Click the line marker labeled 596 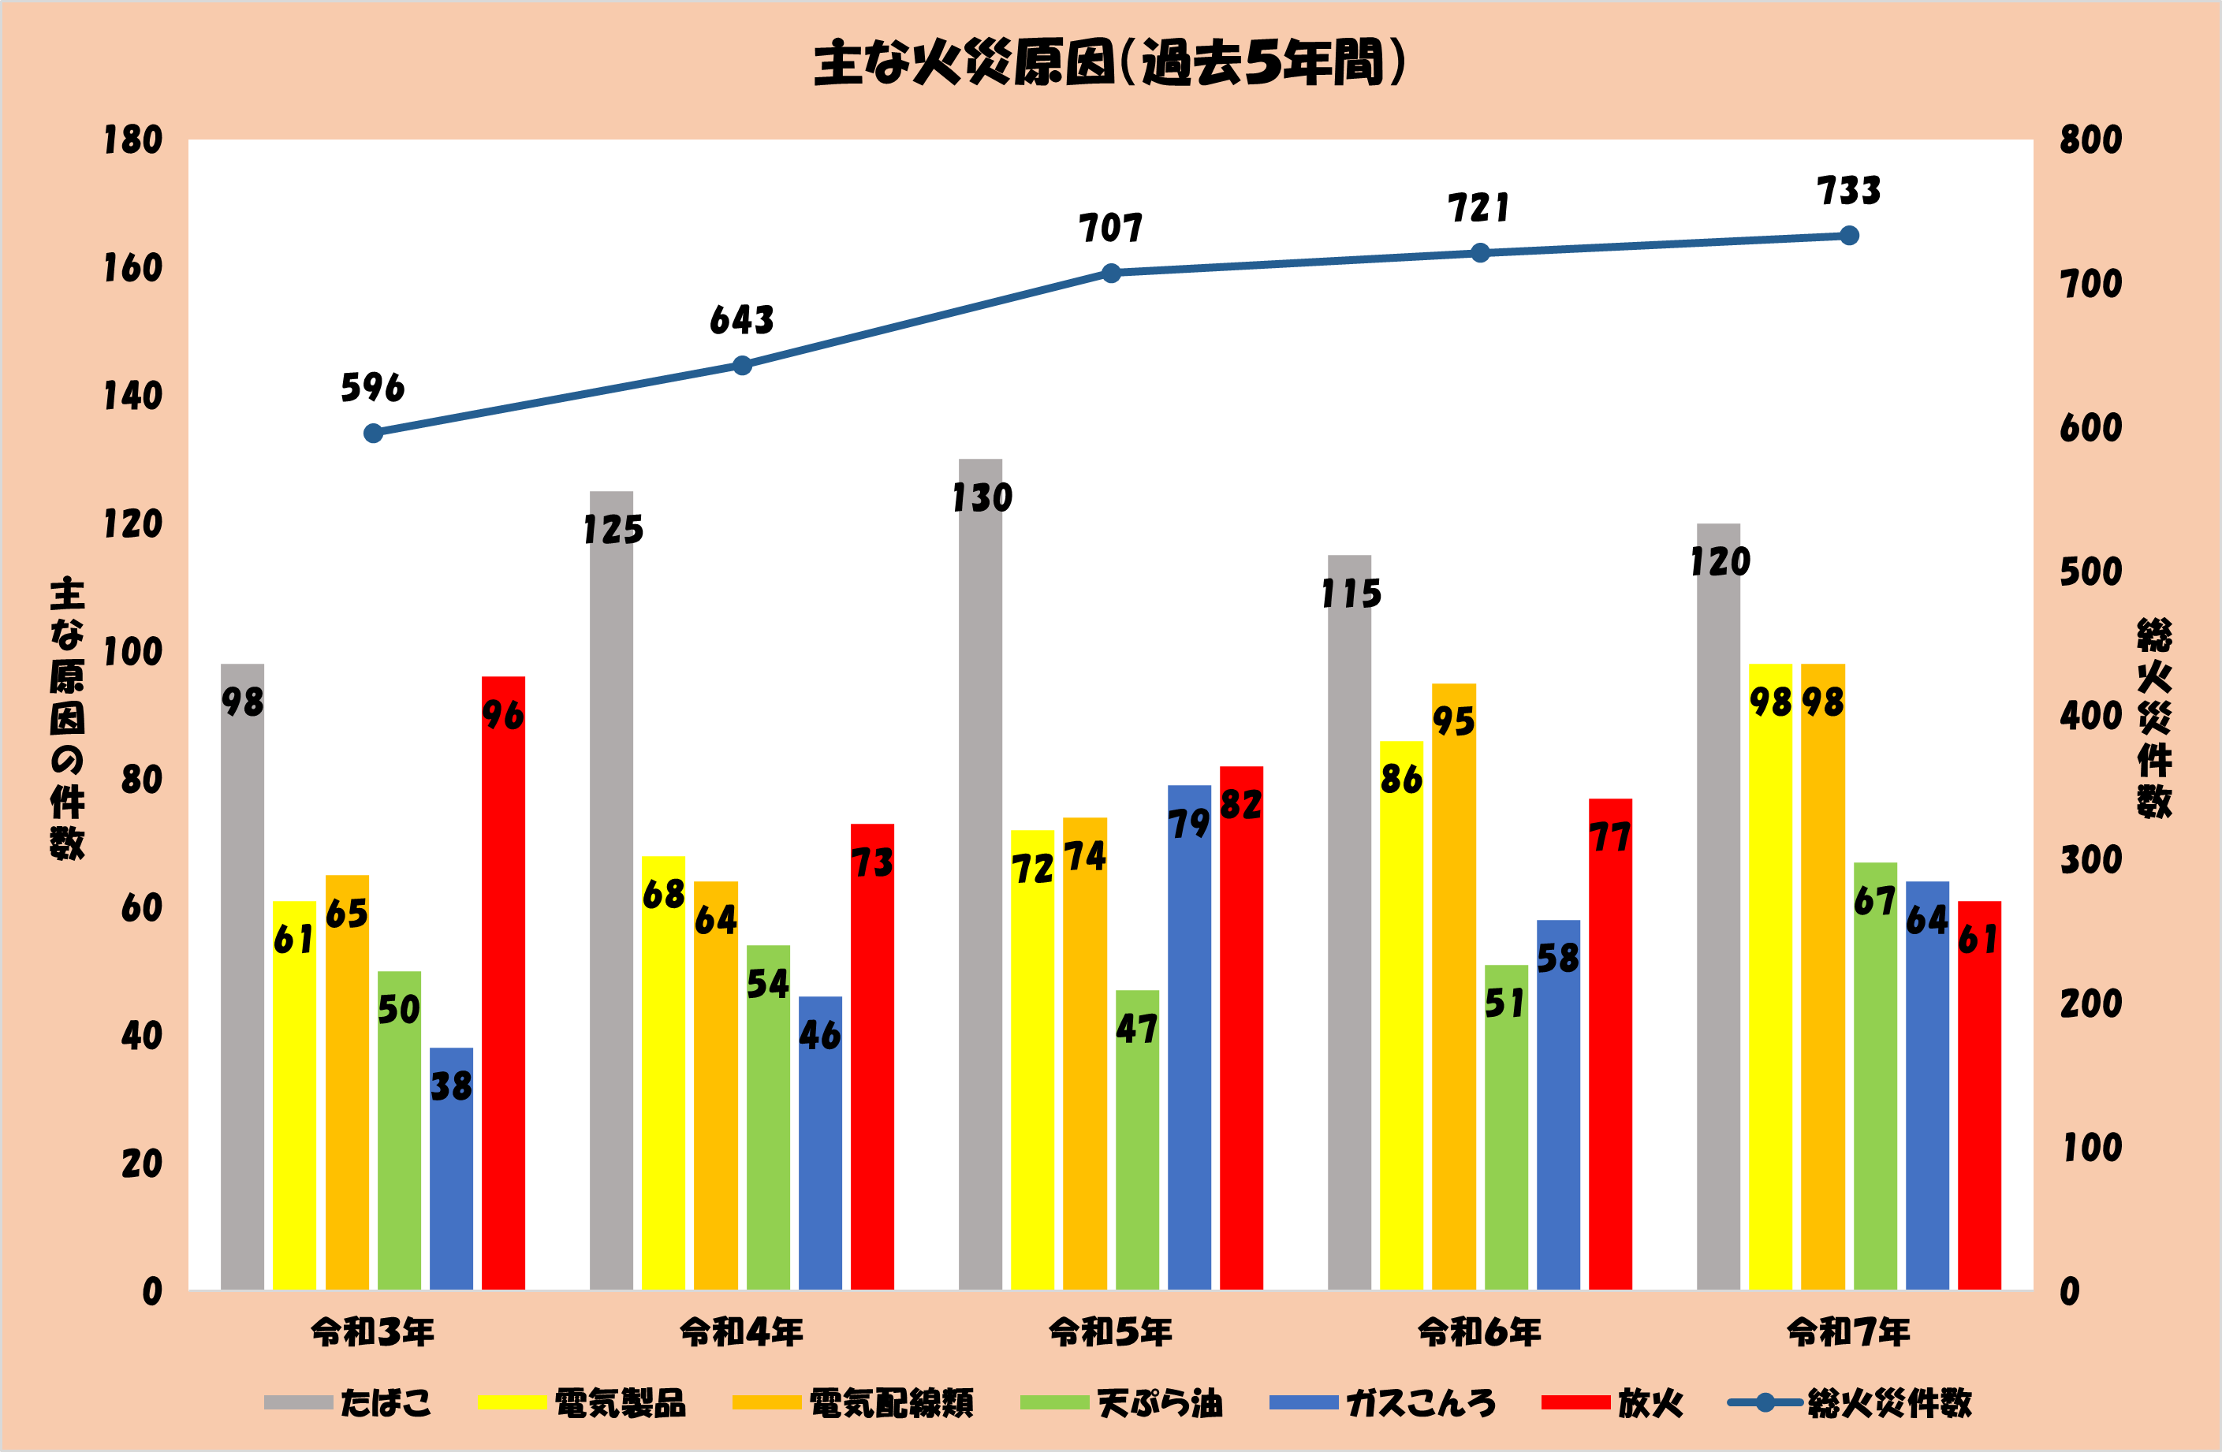pyautogui.click(x=374, y=433)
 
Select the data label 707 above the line pyautogui.click(x=1110, y=229)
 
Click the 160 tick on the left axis pyautogui.click(x=132, y=269)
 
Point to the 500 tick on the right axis pyautogui.click(x=2091, y=572)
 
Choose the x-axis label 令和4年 pyautogui.click(x=741, y=1332)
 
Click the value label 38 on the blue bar pyautogui.click(x=451, y=1086)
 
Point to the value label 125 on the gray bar pyautogui.click(x=613, y=530)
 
